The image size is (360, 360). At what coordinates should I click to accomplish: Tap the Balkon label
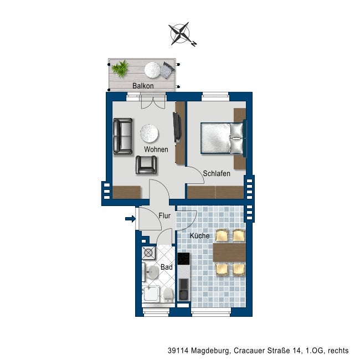[143, 86]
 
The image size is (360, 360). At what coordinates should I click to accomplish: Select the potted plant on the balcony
[120, 69]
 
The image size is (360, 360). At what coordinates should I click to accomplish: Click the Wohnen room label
[156, 150]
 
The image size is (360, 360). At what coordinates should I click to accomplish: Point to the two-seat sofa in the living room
[122, 136]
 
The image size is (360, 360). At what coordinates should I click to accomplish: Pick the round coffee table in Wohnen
[150, 133]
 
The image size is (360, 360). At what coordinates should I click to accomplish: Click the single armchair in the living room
[146, 164]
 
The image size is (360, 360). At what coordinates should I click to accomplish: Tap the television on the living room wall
[177, 127]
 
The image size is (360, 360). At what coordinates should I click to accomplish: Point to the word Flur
[164, 216]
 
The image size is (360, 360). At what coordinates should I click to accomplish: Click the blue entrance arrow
[130, 219]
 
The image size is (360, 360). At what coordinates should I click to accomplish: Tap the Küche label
[199, 236]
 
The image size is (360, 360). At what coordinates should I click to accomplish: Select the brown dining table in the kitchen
[229, 253]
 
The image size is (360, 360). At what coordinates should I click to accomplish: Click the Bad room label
[166, 267]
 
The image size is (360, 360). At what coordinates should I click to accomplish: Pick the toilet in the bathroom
[166, 294]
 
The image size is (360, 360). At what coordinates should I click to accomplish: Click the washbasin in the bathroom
[152, 272]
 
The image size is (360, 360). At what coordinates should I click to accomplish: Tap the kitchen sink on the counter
[183, 290]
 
